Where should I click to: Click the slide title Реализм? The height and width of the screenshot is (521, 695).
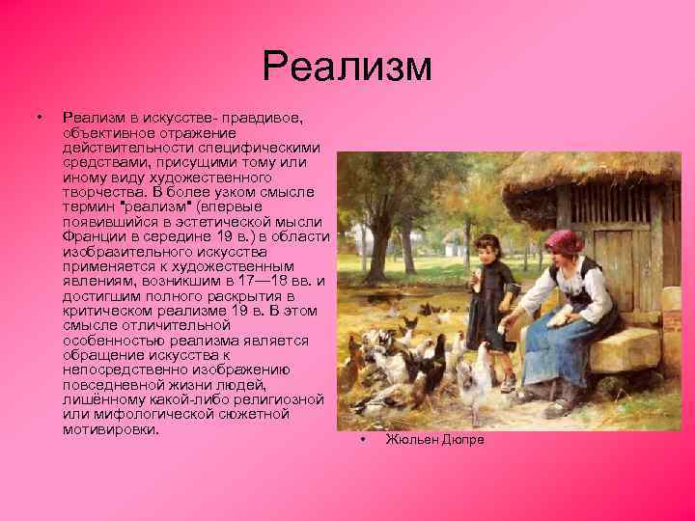[347, 68]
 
